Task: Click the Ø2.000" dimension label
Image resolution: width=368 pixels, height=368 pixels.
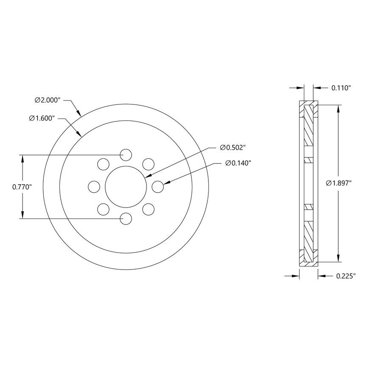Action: coord(48,100)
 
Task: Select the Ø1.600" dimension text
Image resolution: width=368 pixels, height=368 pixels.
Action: coord(42,118)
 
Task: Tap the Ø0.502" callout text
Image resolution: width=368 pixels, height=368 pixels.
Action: coord(233,147)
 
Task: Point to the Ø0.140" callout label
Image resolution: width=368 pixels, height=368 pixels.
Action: coord(239,163)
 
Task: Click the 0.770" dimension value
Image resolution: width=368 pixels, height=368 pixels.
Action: coord(22,187)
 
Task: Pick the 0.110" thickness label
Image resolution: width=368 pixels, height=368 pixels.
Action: coord(341,88)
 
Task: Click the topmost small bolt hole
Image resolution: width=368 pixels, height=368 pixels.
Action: coord(126,155)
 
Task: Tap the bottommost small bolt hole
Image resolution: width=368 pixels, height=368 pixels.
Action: coord(126,219)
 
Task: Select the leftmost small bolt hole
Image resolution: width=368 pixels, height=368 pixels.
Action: coord(94,186)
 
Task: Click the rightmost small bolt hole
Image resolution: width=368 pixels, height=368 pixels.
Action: coord(157,186)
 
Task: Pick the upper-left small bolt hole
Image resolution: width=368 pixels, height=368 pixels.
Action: coord(103,164)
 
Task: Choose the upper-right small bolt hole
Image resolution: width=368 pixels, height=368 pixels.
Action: coord(148,164)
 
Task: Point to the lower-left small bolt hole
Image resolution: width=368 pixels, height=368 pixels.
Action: coord(103,209)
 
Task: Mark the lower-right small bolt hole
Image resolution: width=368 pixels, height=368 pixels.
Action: coord(148,209)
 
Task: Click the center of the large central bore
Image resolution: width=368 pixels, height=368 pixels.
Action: coord(126,187)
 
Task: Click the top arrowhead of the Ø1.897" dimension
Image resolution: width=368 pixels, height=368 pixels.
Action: coord(338,109)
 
